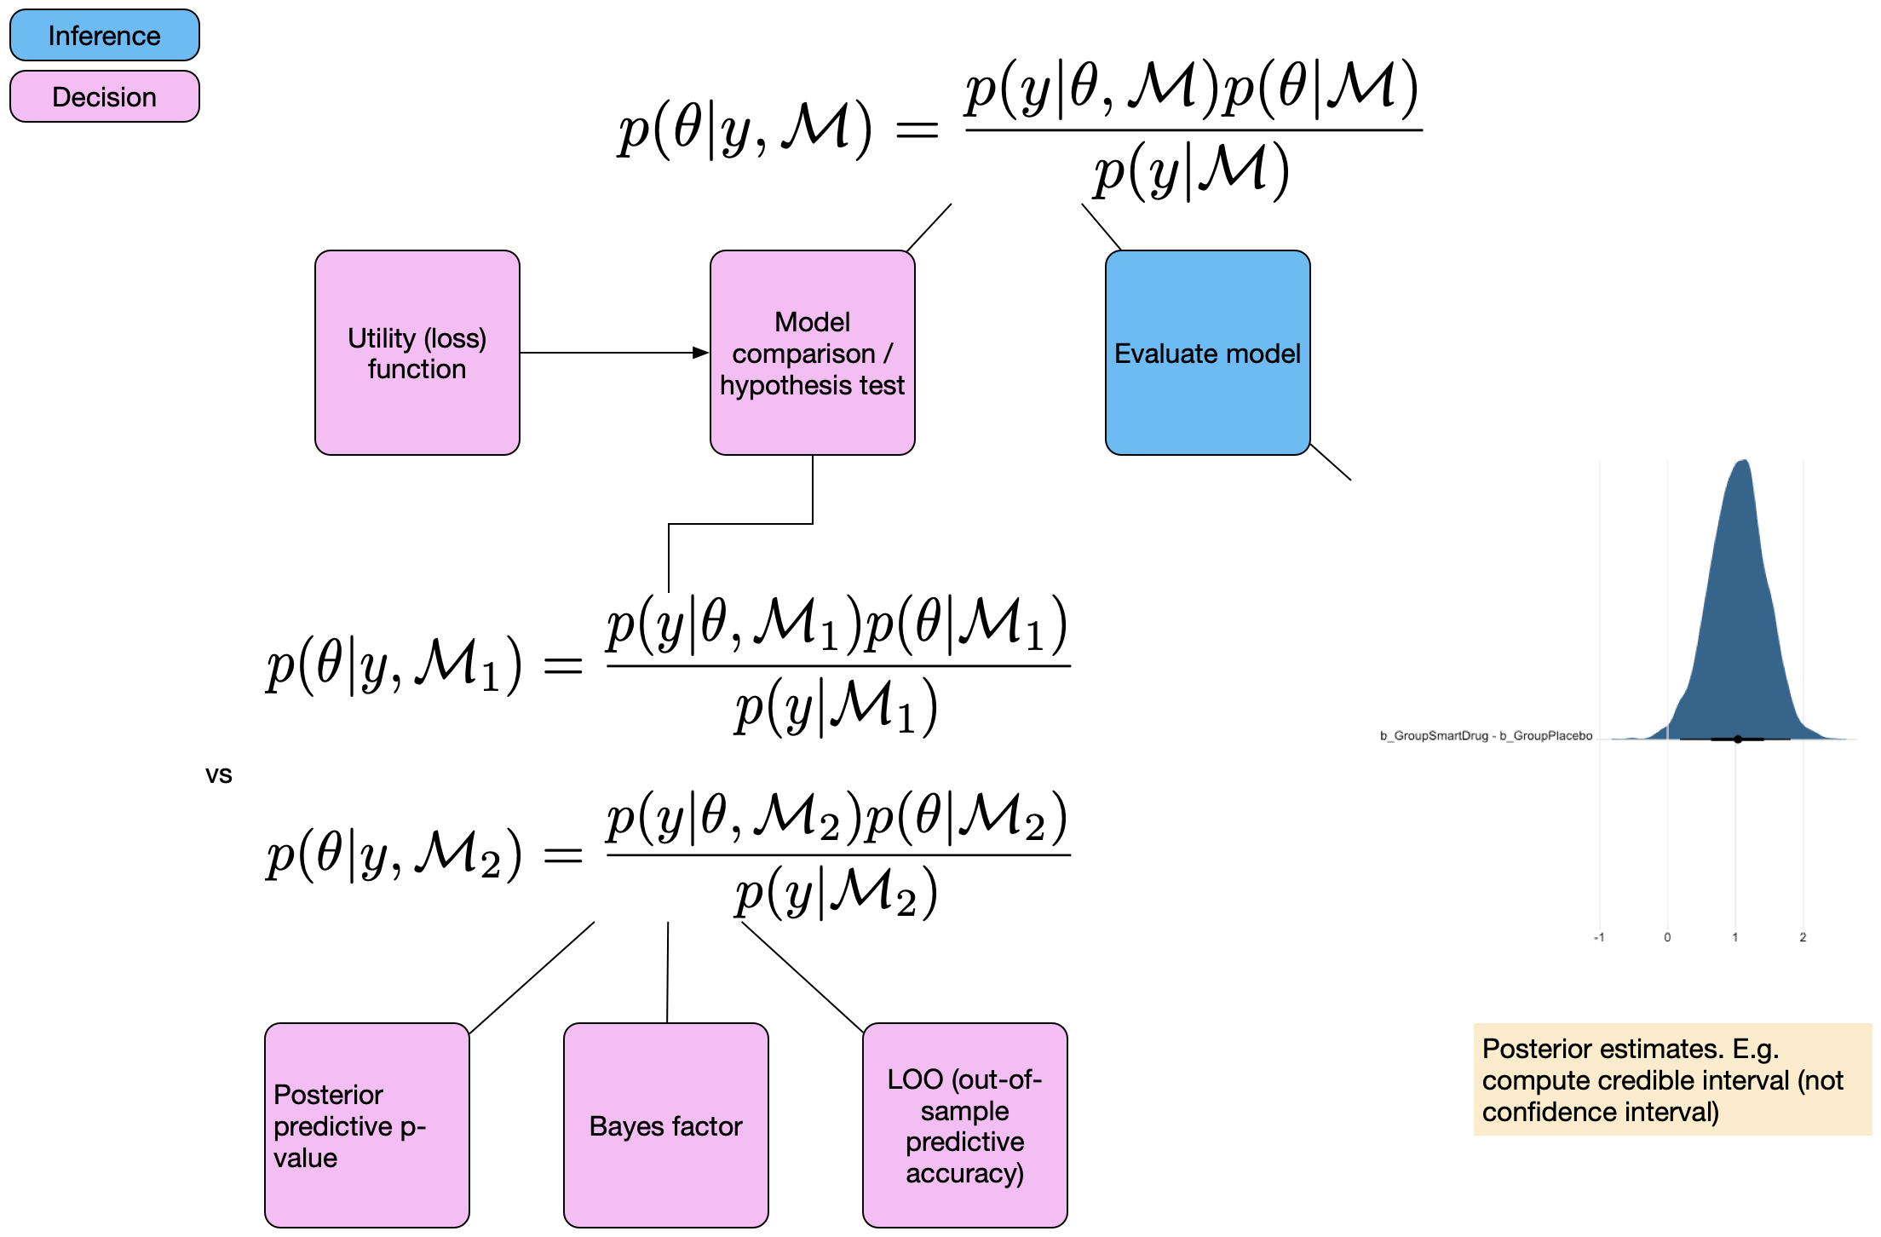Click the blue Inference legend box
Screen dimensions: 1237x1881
pos(104,35)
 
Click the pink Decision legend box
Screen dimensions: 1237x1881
pos(104,96)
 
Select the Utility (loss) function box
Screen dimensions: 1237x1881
pos(417,353)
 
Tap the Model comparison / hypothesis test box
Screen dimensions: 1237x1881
pos(812,353)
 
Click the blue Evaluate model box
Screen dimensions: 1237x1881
pos(1207,353)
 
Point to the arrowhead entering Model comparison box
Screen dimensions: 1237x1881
pos(701,353)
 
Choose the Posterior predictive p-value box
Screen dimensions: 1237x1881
pos(366,1125)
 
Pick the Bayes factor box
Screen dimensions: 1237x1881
pos(665,1125)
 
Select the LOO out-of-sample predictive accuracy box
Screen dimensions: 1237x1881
pos(964,1125)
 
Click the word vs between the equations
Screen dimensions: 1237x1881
pos(219,774)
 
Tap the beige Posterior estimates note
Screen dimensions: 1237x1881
pos(1671,1079)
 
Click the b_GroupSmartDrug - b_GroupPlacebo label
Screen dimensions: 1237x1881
pos(1486,736)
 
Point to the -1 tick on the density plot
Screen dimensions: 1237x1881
pos(1599,937)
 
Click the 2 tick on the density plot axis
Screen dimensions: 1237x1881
pos(1803,937)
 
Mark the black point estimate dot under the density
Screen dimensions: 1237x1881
pos(1738,739)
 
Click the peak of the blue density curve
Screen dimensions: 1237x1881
pos(1744,463)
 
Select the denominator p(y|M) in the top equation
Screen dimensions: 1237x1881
pos(1192,171)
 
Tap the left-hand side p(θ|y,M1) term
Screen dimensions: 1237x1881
pos(394,665)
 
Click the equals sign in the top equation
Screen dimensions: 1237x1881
pos(917,130)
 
